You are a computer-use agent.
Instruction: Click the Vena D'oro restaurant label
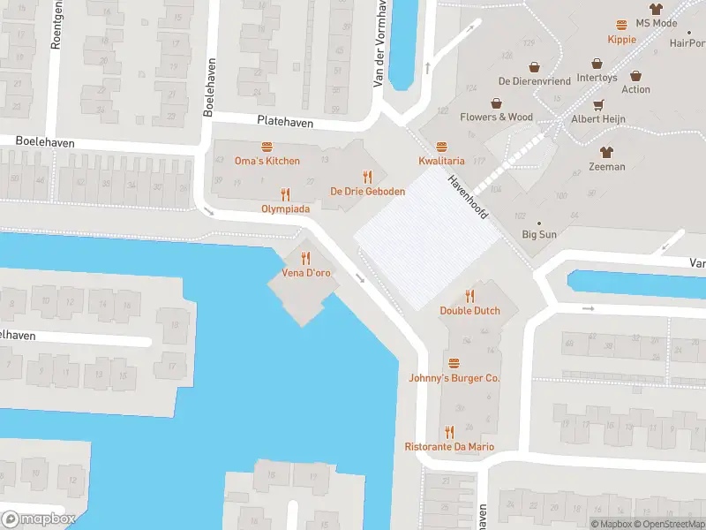[x=306, y=273]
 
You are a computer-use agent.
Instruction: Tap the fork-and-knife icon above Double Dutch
[x=470, y=296]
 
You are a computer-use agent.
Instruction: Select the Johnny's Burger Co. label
[x=454, y=378]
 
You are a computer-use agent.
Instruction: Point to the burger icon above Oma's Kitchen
[x=267, y=147]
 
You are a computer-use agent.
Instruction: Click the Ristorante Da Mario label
[x=449, y=447]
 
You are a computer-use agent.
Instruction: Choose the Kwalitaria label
[x=441, y=161]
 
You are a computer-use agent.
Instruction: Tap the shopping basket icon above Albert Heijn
[x=597, y=104]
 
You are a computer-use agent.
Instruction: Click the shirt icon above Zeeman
[x=606, y=152]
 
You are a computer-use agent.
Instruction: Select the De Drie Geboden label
[x=367, y=191]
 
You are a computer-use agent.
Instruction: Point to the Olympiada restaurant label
[x=284, y=208]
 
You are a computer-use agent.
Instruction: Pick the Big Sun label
[x=539, y=234]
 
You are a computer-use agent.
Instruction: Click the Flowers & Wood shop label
[x=496, y=117]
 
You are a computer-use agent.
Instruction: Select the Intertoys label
[x=597, y=78]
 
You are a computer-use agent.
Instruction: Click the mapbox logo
[x=40, y=519]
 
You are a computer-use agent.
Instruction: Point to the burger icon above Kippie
[x=621, y=25]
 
